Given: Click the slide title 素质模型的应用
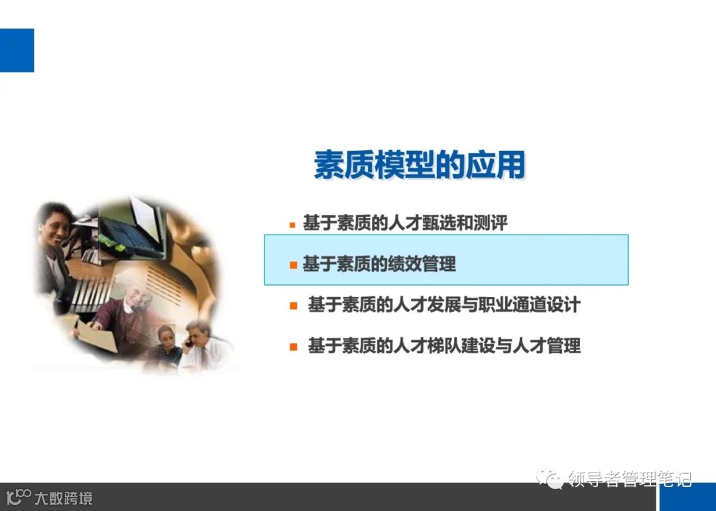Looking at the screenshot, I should click(x=419, y=165).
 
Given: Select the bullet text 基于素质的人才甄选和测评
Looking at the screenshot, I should click(x=405, y=223).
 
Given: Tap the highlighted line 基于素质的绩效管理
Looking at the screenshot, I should click(x=379, y=264).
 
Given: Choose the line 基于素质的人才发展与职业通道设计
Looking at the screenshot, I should click(x=444, y=305).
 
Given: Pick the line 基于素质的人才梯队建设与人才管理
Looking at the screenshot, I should click(x=444, y=345).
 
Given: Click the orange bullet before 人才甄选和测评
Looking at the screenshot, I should click(x=292, y=225).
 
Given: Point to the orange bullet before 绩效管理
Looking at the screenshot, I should click(x=293, y=265).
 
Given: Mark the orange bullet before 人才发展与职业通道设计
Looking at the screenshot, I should click(x=293, y=306).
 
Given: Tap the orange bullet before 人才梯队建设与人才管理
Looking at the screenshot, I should click(x=293, y=346).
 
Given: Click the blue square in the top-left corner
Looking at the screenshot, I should click(x=17, y=50).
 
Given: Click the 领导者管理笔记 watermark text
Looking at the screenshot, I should click(x=629, y=479).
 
